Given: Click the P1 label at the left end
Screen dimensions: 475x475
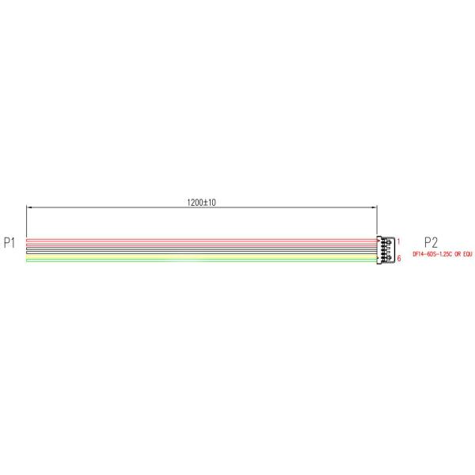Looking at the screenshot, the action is click(x=9, y=243).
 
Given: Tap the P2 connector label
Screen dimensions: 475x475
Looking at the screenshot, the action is click(x=431, y=242).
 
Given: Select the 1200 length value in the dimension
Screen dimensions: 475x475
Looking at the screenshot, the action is click(x=195, y=203).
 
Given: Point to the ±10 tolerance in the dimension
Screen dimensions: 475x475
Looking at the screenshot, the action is click(x=209, y=203).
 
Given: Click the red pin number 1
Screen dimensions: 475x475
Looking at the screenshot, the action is click(x=399, y=241).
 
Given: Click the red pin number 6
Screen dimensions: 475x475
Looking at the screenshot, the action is click(x=399, y=258).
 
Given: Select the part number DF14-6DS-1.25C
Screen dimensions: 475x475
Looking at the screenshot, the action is click(x=432, y=254).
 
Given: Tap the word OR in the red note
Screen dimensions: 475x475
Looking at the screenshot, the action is click(x=457, y=254).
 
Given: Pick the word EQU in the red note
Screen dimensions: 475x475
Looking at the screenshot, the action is click(x=467, y=254).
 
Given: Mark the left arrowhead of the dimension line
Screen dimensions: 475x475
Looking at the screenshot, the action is click(x=29, y=207).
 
